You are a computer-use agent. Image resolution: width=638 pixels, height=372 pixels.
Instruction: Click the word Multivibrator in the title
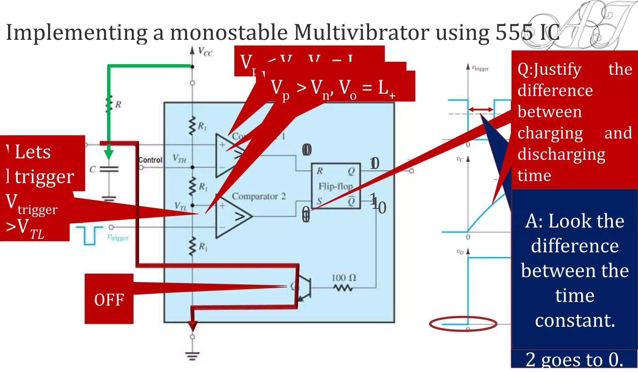coord(361,32)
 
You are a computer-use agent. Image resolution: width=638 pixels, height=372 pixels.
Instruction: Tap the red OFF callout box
coord(109,299)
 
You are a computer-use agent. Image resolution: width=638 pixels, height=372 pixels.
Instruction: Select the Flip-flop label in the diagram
coord(336,186)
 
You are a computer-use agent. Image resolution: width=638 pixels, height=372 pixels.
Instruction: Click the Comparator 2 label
coord(259,196)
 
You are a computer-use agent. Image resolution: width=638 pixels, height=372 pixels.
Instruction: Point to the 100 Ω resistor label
coord(344,278)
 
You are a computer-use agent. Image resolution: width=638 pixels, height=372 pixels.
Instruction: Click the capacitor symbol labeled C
coord(109,169)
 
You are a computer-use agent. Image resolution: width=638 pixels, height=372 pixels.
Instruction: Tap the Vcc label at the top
coord(205,51)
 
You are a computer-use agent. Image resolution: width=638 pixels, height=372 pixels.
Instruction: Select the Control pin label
coord(150,160)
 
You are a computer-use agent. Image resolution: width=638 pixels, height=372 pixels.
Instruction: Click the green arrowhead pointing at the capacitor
coord(109,154)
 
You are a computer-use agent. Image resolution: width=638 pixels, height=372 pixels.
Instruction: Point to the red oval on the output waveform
coord(463,324)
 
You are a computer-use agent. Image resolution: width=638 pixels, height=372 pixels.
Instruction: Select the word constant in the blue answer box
coord(575,320)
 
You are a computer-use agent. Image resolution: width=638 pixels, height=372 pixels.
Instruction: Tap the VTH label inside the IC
coord(179,158)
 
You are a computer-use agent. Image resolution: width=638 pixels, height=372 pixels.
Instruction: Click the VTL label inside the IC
coord(181,206)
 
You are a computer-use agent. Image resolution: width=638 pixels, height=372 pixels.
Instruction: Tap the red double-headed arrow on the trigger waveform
coord(481,109)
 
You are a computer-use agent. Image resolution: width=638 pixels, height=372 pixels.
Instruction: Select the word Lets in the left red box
coord(33,152)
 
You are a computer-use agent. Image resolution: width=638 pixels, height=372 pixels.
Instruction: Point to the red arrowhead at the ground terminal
coord(193,326)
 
